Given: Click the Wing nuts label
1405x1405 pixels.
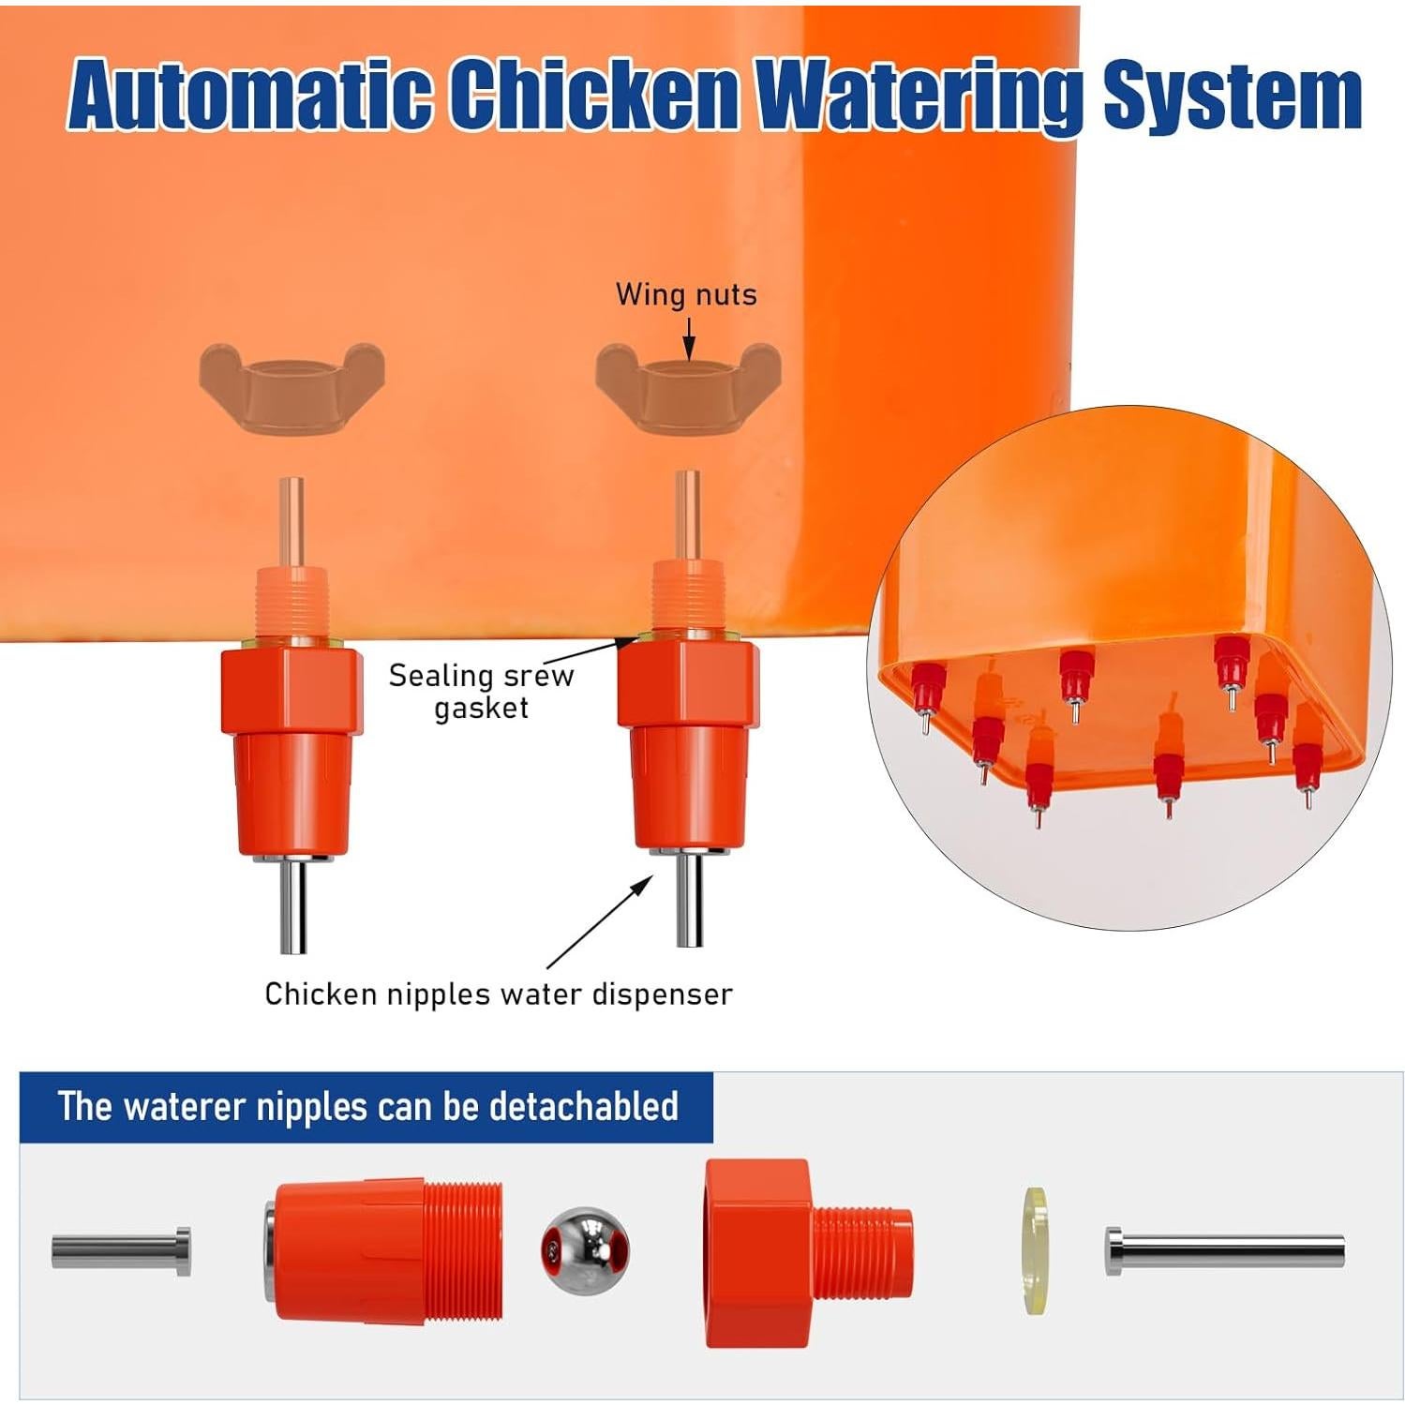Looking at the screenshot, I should (686, 294).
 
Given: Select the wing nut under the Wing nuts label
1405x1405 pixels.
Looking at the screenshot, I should (689, 387).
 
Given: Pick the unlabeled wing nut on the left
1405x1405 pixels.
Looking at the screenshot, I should (291, 387).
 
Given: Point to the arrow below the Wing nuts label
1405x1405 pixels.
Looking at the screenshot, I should (689, 337).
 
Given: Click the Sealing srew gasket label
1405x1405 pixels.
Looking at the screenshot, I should (482, 691).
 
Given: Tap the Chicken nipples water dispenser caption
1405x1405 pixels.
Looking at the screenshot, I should (498, 994).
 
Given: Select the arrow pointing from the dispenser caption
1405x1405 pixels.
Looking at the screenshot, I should (600, 923).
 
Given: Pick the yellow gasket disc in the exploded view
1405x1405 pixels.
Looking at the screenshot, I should (1035, 1250).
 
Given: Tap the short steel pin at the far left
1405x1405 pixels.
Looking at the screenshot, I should (121, 1251).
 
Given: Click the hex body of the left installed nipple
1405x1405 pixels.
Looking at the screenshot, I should (291, 689).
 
